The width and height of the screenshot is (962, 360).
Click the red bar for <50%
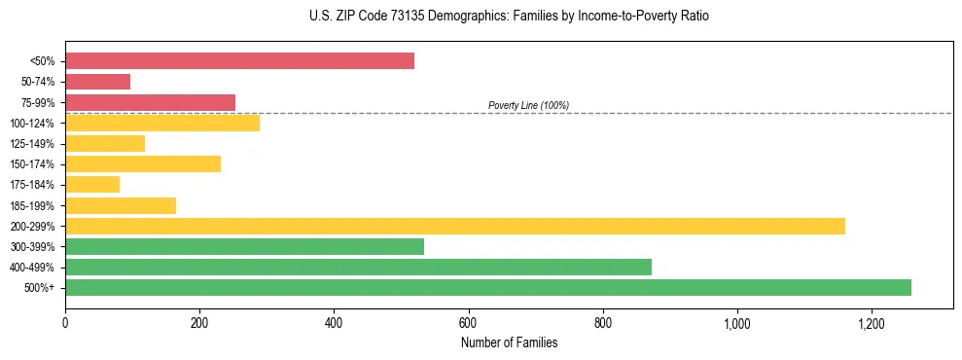point(239,61)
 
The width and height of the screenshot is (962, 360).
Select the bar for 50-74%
point(97,82)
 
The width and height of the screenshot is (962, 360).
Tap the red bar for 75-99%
point(150,102)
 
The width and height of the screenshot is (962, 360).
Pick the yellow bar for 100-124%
point(162,123)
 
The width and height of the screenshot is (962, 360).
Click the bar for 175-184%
point(92,184)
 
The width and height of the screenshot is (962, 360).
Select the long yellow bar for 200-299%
point(454,226)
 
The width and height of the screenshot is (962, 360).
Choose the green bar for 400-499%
point(358,267)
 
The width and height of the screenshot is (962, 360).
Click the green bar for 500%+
point(487,287)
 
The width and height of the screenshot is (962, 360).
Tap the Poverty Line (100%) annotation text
point(528,105)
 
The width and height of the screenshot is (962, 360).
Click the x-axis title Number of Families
point(509,342)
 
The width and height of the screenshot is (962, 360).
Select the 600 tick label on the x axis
point(469,323)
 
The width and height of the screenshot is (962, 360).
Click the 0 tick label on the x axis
point(65,323)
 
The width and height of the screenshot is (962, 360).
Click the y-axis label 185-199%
point(32,205)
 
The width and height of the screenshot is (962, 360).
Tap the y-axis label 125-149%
point(32,144)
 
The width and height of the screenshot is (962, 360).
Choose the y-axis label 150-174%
point(32,164)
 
